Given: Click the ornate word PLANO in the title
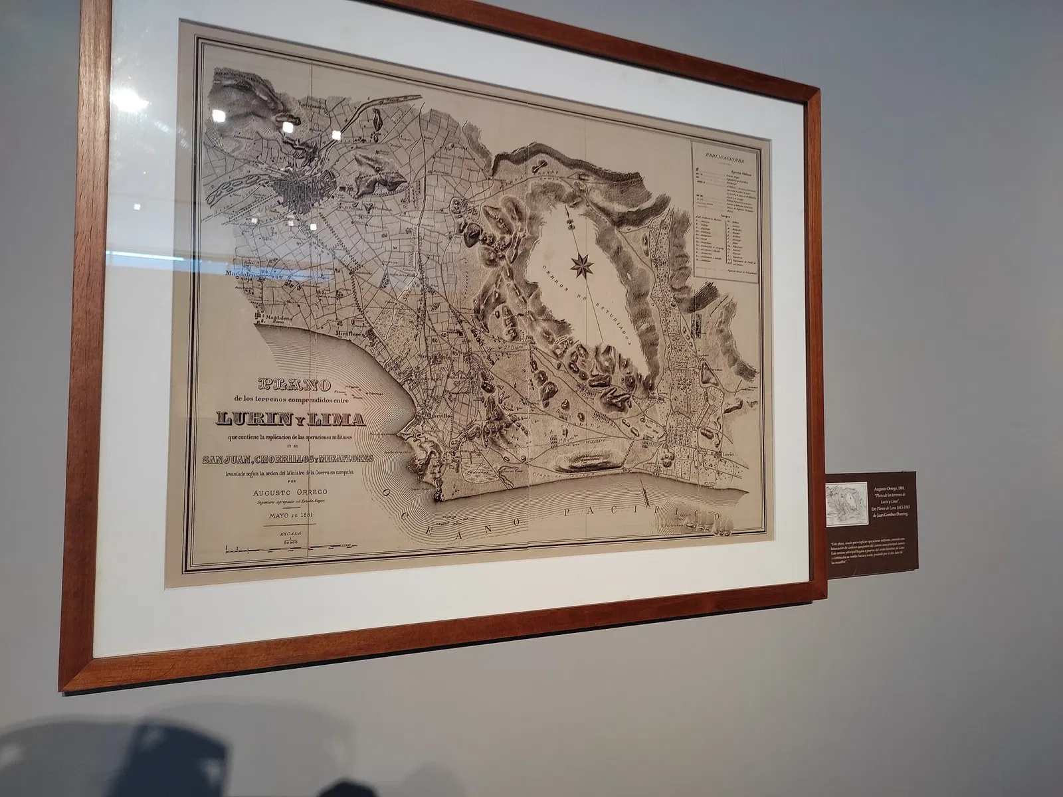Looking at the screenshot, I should tap(292, 383).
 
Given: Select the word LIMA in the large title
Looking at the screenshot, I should tap(338, 419).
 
